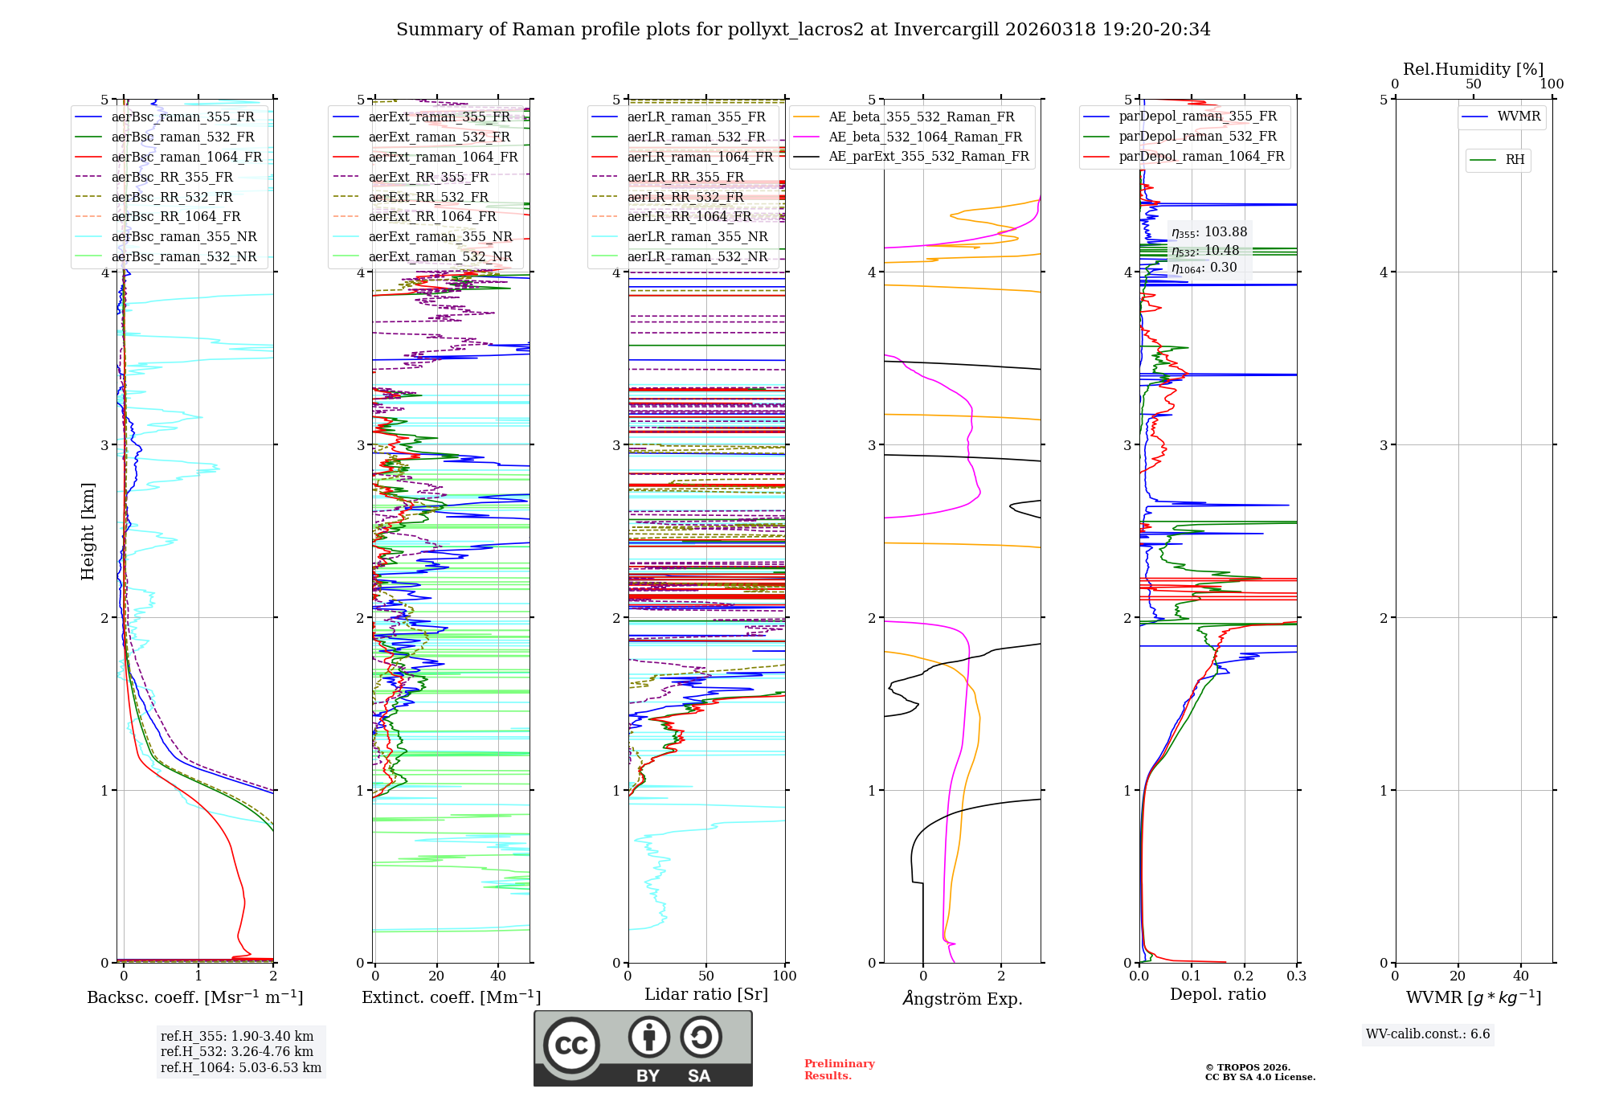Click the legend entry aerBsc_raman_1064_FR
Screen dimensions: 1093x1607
186,158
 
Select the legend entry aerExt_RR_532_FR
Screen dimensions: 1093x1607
428,197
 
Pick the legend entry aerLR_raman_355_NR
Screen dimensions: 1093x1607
697,237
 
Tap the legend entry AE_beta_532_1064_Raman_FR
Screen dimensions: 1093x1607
925,137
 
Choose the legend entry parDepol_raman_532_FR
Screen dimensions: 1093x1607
1197,137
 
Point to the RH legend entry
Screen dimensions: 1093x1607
1515,160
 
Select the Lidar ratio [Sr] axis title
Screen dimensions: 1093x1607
706,994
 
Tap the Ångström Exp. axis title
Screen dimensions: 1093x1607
963,999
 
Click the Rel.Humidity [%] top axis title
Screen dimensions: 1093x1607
1473,69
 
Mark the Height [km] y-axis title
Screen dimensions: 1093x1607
88,531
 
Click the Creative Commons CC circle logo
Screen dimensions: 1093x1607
571,1045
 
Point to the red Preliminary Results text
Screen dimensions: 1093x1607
839,1070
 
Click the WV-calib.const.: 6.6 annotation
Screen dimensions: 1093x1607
1428,1034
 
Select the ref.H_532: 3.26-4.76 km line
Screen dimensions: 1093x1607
237,1052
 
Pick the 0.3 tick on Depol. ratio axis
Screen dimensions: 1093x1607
1296,976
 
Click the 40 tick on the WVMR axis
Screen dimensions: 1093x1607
1521,976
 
